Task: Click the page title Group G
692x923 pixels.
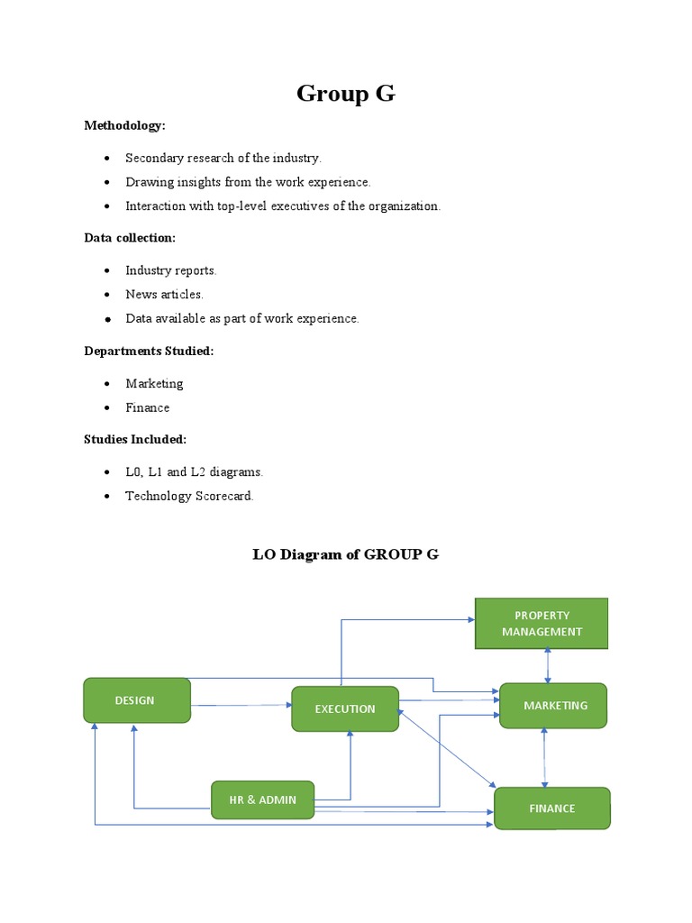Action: [345, 94]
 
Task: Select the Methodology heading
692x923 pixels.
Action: [125, 125]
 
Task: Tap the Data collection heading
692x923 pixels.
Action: [130, 238]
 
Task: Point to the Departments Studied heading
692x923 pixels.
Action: [149, 351]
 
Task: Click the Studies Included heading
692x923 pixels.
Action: [135, 439]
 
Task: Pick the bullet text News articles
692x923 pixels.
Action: [164, 294]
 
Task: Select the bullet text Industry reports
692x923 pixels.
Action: [171, 270]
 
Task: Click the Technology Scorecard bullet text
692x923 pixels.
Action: [189, 496]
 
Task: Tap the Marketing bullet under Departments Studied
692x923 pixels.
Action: [154, 383]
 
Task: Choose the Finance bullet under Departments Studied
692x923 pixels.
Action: [147, 407]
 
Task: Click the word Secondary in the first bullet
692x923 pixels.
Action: [153, 158]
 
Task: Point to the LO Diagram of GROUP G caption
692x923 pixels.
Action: [345, 554]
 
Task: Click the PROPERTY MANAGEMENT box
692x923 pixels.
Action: [542, 623]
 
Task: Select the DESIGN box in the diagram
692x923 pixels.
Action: [136, 700]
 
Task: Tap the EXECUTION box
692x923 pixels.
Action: [345, 708]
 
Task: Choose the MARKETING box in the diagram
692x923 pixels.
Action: [554, 705]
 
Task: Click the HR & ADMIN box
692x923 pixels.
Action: [262, 800]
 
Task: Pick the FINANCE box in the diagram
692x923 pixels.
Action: [551, 808]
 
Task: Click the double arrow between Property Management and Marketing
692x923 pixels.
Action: [548, 666]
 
